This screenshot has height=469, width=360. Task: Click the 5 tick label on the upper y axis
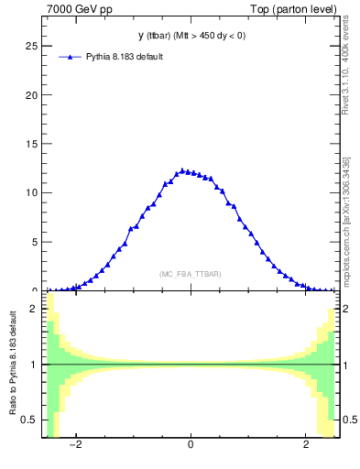click(35, 242)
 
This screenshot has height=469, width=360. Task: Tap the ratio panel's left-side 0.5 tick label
click(31, 420)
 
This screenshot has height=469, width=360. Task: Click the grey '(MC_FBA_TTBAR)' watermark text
click(190, 274)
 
